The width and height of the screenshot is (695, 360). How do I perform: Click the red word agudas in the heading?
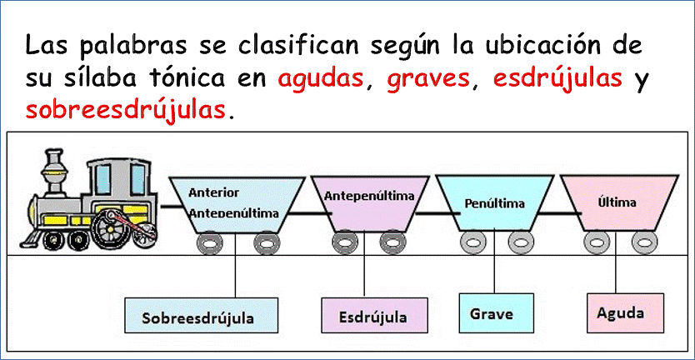click(x=319, y=79)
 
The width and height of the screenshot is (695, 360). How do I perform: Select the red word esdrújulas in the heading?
click(x=557, y=79)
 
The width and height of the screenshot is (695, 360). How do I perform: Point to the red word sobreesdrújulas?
click(x=126, y=108)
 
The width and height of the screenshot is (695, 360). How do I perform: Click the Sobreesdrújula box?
click(x=201, y=315)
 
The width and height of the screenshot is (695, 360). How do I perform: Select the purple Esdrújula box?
click(x=374, y=315)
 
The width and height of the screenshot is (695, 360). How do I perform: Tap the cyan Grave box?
click(x=495, y=313)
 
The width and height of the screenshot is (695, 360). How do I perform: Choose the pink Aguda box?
click(x=625, y=313)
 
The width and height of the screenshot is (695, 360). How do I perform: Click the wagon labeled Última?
click(x=619, y=203)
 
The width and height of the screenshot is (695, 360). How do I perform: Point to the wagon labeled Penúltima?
click(x=494, y=202)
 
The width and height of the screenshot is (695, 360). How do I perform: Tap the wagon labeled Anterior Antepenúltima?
click(x=237, y=205)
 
